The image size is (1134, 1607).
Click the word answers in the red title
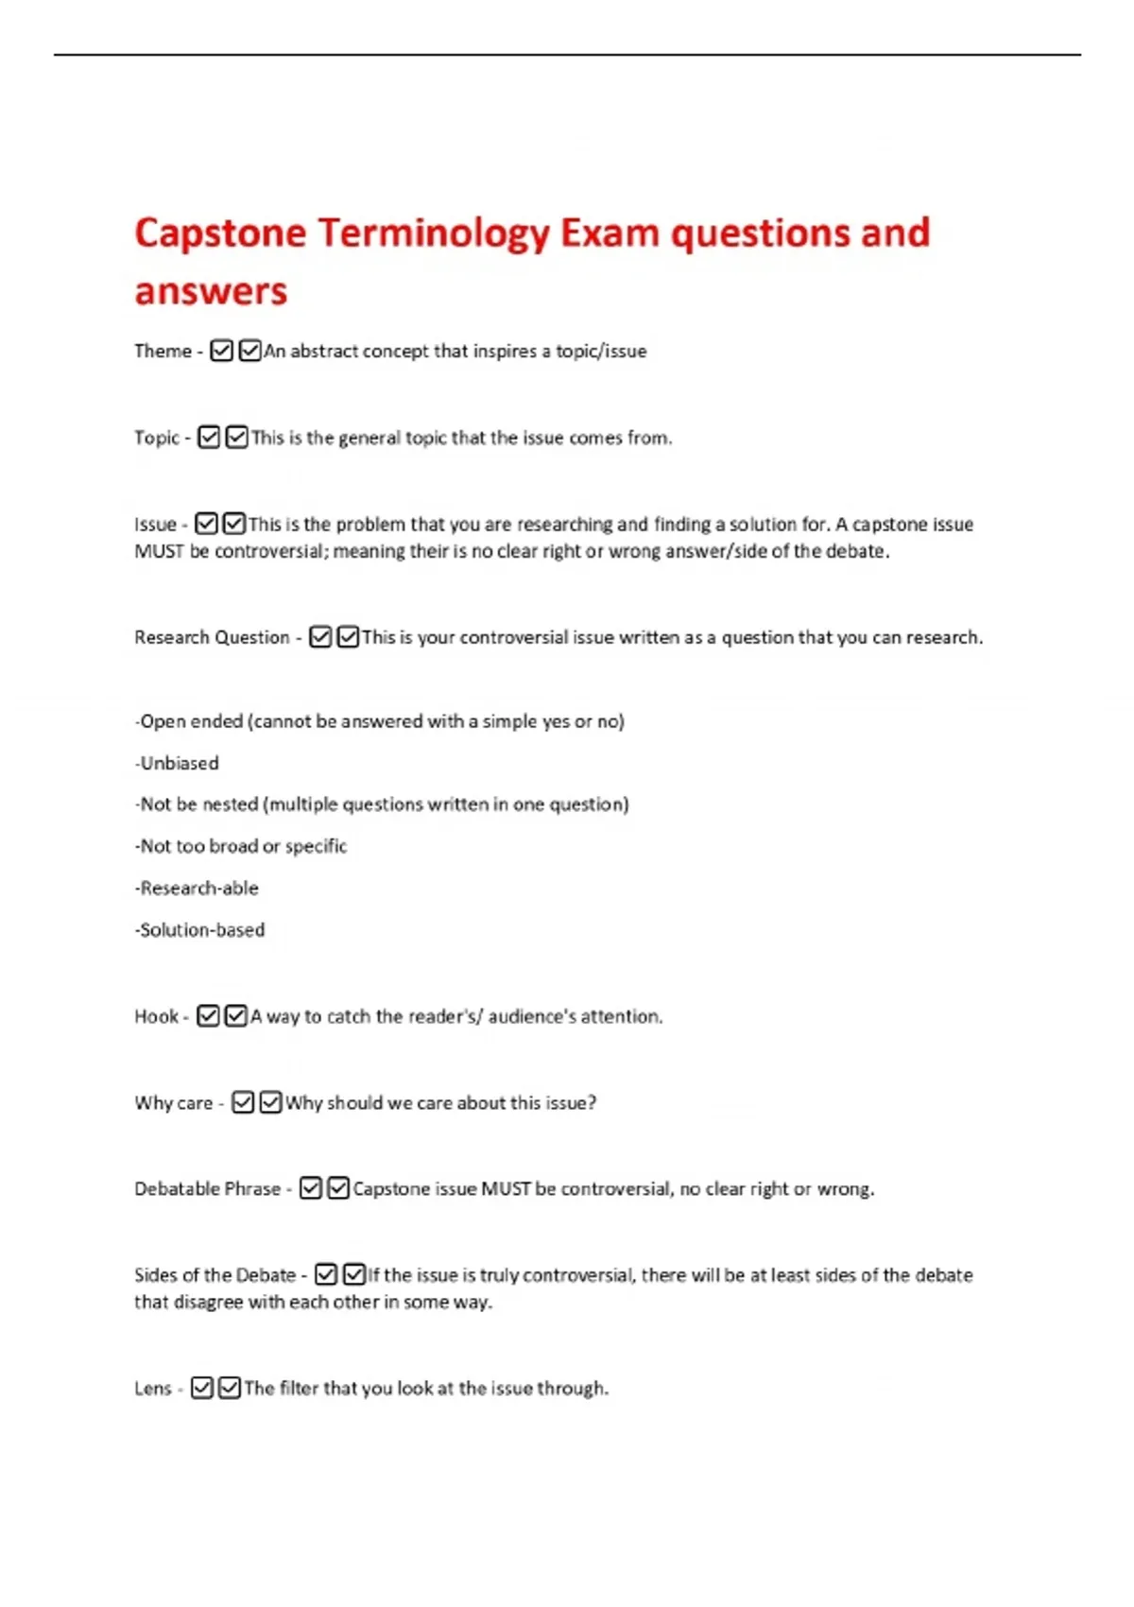[211, 291]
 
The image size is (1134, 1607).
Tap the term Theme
[163, 351]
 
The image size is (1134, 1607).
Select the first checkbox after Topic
[209, 437]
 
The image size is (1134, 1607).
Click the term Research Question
[212, 637]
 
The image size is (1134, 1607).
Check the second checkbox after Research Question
[348, 637]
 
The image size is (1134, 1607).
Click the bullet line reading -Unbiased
[177, 763]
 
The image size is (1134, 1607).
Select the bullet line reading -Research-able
[197, 888]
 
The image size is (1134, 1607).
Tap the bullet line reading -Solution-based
[199, 929]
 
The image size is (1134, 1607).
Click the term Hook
[156, 1016]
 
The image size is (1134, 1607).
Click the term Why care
[174, 1102]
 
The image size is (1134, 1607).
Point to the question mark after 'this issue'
[593, 1102]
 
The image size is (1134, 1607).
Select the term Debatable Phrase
[208, 1188]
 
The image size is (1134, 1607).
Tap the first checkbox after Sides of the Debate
[326, 1274]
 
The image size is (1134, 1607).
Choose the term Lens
[153, 1388]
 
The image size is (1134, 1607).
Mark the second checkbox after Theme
[249, 351]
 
